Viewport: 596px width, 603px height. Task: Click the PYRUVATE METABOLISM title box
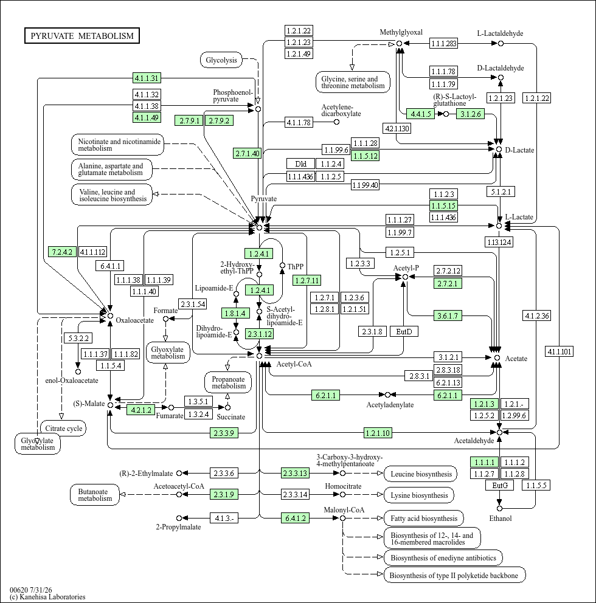click(82, 36)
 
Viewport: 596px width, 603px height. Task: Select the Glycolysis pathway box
click(221, 60)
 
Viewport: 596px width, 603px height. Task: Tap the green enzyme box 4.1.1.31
click(147, 78)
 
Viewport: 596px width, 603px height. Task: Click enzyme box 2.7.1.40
click(248, 153)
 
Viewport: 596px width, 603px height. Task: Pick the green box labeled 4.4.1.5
click(421, 114)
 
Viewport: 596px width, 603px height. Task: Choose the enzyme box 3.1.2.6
click(471, 114)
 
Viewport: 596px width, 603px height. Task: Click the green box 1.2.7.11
click(307, 280)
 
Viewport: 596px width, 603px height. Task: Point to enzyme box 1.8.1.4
click(235, 313)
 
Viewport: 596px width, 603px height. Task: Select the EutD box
click(404, 331)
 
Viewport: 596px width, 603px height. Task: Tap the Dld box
click(300, 164)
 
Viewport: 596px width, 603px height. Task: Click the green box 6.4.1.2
click(296, 518)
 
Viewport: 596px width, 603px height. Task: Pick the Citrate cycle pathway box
click(63, 429)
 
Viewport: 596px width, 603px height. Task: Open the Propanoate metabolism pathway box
click(228, 382)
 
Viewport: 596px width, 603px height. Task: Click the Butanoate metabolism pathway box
click(95, 495)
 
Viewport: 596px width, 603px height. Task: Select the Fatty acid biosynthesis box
click(424, 519)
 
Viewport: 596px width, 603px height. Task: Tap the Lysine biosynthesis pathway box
click(419, 495)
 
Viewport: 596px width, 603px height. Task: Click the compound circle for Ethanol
click(499, 508)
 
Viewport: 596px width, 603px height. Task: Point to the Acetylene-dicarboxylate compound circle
click(336, 122)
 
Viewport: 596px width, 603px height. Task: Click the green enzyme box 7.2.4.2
click(62, 252)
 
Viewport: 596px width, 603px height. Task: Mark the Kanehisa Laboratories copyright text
click(47, 597)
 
